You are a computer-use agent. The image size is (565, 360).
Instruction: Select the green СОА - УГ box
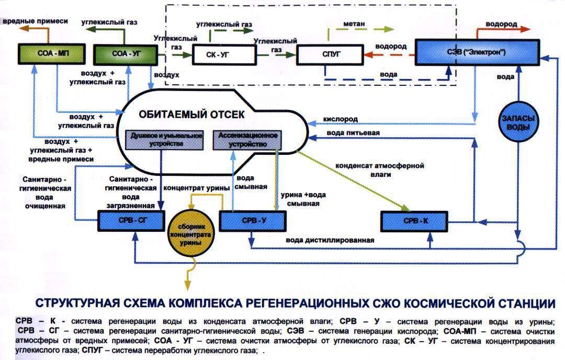[125, 53]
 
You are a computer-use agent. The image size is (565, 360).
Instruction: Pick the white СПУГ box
[330, 55]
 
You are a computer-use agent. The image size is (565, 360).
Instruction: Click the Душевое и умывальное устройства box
[164, 139]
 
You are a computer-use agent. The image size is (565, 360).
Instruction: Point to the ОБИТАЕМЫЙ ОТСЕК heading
[191, 114]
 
